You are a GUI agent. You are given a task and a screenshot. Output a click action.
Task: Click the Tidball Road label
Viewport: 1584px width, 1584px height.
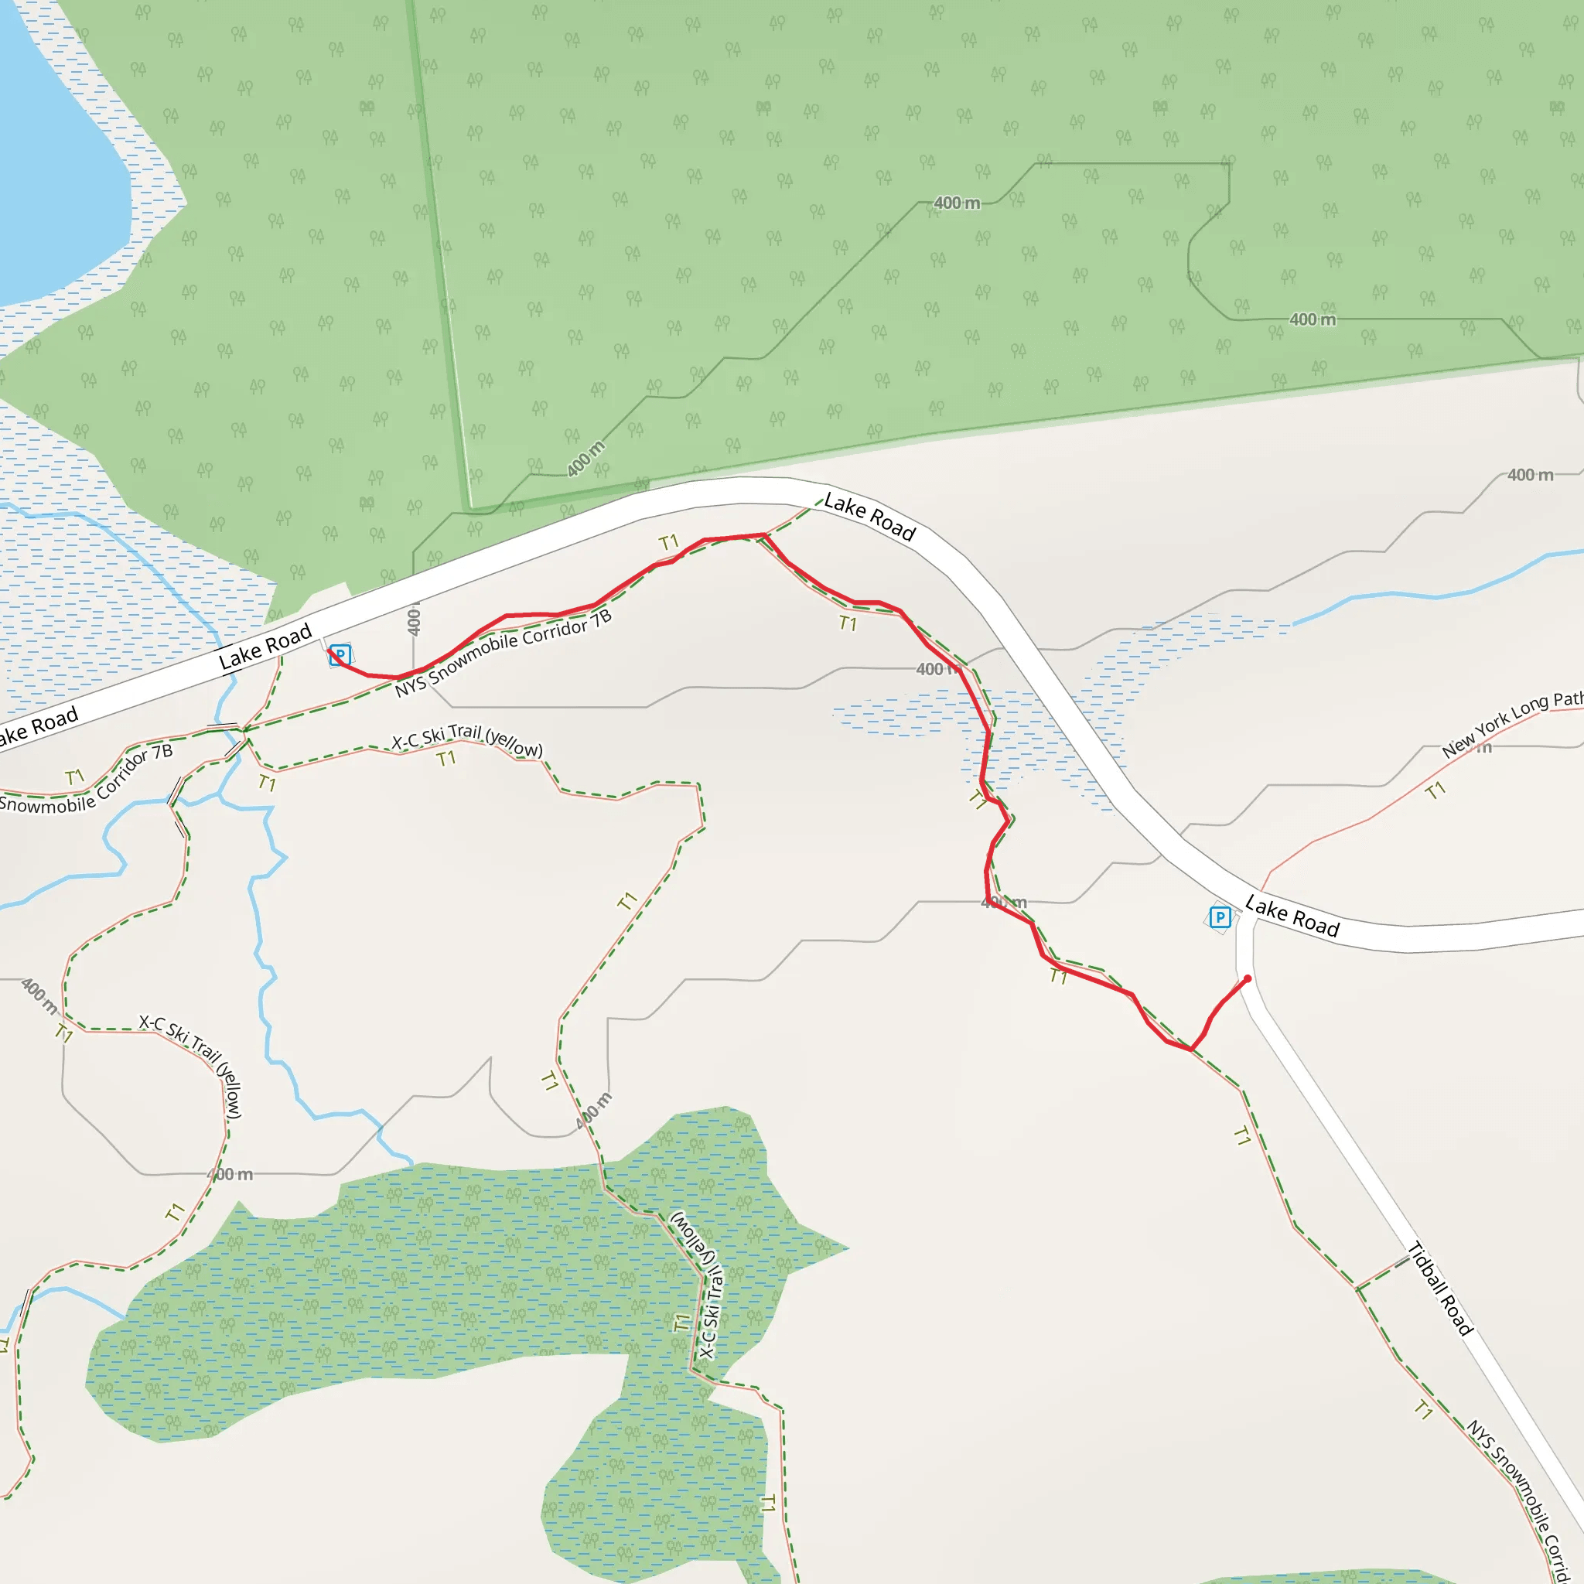click(1439, 1289)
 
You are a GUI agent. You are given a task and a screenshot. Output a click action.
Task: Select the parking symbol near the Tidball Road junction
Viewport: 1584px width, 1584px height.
click(1220, 917)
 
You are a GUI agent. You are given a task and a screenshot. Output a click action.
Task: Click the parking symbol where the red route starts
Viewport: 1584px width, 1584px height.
click(340, 655)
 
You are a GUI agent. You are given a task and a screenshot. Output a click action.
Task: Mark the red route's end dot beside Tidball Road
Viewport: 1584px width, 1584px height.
click(1248, 978)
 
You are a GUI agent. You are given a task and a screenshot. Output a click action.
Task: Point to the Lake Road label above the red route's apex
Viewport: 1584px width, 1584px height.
click(869, 517)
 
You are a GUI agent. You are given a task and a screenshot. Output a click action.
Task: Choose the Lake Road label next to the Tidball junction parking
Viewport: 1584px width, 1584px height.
click(1292, 917)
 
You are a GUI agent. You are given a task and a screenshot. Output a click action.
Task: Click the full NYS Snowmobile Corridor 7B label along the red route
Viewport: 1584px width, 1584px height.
click(503, 654)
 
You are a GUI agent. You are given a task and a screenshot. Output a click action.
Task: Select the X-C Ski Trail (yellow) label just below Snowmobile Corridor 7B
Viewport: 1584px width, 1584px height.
click(467, 740)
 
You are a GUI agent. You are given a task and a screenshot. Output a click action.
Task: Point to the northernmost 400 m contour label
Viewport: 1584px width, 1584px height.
click(957, 203)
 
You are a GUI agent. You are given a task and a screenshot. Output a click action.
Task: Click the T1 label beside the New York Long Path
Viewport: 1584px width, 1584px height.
click(1435, 791)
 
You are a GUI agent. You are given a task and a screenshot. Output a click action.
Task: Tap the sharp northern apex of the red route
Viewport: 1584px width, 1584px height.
click(764, 535)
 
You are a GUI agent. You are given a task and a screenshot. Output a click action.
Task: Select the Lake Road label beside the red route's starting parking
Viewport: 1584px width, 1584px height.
click(265, 646)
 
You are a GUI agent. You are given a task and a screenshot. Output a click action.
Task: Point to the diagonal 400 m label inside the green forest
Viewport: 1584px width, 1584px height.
click(586, 459)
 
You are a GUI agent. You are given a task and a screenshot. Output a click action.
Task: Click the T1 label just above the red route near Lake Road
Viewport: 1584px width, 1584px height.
click(669, 542)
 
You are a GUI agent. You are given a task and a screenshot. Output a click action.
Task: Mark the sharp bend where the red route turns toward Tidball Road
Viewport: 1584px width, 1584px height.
click(1190, 1049)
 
